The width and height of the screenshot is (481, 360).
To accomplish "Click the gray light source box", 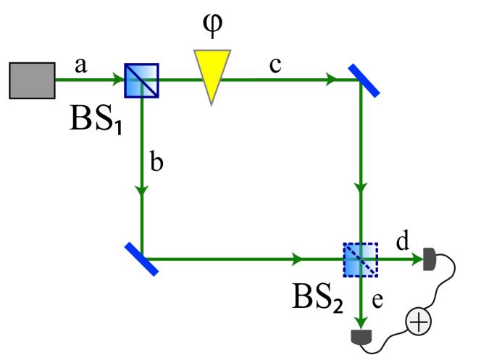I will click(x=32, y=80).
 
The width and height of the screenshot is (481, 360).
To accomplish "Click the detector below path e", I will click(x=360, y=337).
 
